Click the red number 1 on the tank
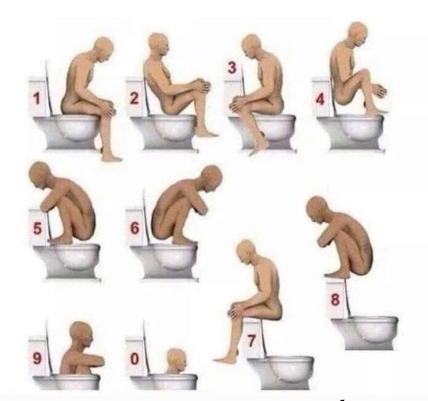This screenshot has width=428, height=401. click(36, 99)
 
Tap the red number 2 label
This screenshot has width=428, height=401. click(134, 98)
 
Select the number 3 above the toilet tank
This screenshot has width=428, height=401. click(232, 67)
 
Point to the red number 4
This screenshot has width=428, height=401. click(320, 100)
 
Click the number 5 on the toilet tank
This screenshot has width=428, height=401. click(37, 229)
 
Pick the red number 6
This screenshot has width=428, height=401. click(135, 228)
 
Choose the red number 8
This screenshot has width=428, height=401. click(335, 300)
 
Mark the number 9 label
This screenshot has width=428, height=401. click(37, 358)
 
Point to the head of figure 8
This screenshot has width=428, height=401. click(318, 208)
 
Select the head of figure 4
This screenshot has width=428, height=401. click(358, 34)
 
